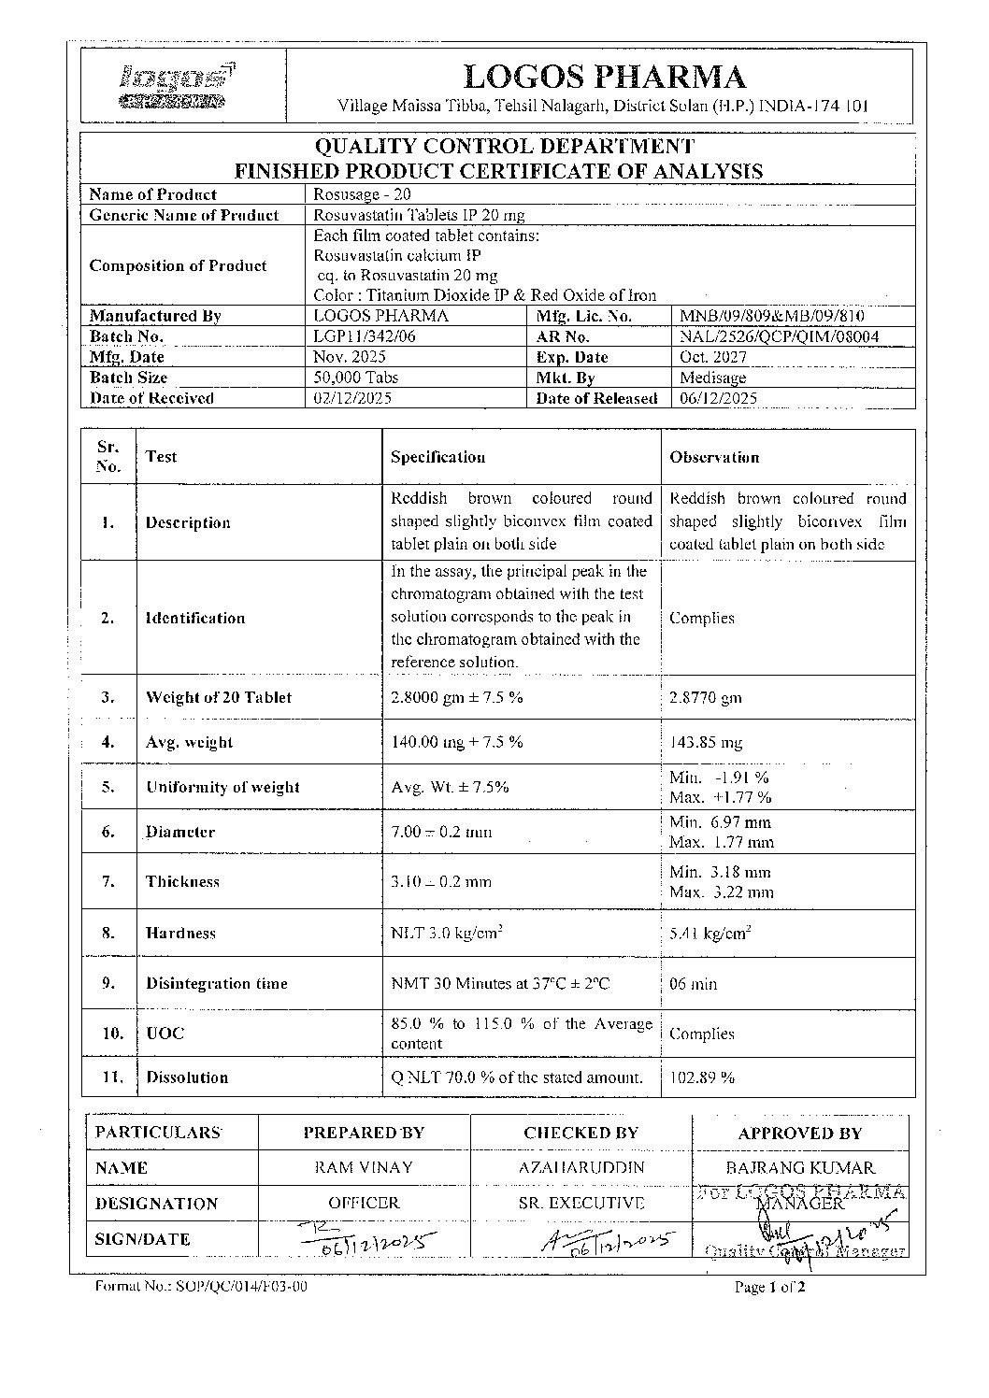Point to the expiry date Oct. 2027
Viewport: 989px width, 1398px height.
pyautogui.click(x=710, y=357)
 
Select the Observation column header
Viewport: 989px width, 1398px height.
pyautogui.click(x=714, y=457)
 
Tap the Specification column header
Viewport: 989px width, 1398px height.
pyautogui.click(x=437, y=457)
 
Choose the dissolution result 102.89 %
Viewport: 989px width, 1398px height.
pyautogui.click(x=702, y=1077)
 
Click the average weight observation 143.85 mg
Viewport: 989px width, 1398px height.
pyautogui.click(x=706, y=743)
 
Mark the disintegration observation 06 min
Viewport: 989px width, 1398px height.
pyautogui.click(x=693, y=983)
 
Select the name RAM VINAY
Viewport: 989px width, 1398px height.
pyautogui.click(x=364, y=1168)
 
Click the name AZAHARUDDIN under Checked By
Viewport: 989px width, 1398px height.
pyautogui.click(x=580, y=1168)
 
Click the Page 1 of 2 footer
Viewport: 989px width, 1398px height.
pyautogui.click(x=769, y=1287)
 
